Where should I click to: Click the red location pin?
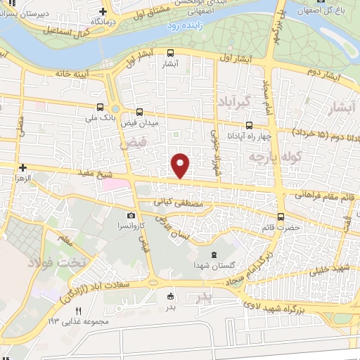coord(181,165)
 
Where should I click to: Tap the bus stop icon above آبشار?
coord(171,52)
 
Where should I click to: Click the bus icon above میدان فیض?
coord(139,112)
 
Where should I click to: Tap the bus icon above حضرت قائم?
coord(281,217)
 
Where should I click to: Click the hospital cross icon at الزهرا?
coord(23,168)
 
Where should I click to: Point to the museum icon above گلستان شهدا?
coord(214,255)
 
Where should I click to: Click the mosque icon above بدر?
coord(169,296)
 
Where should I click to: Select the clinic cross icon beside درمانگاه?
coord(103,11)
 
